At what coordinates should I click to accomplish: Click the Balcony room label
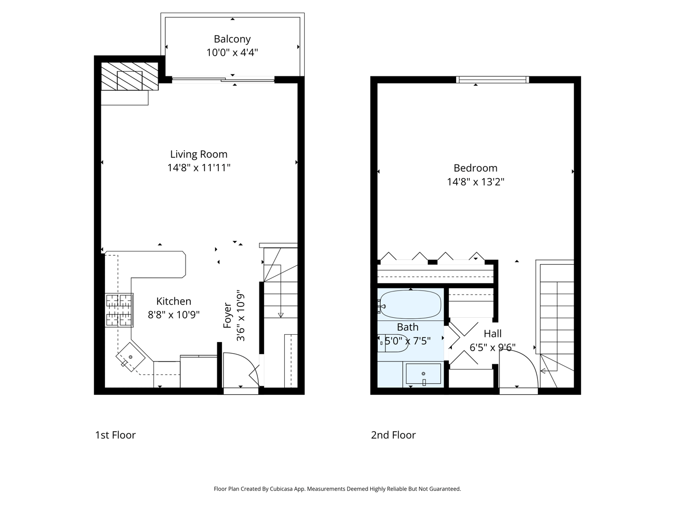(x=232, y=39)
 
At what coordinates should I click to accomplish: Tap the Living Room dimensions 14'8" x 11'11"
(x=199, y=168)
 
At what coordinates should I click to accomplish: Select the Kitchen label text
(x=173, y=301)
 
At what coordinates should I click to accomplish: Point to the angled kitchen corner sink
(x=130, y=357)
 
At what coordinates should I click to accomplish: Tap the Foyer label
(x=228, y=315)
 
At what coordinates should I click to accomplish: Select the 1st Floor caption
(x=115, y=435)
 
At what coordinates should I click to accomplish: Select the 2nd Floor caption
(x=393, y=435)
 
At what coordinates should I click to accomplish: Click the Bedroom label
(x=475, y=168)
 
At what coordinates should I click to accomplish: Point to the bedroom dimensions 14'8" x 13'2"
(x=476, y=182)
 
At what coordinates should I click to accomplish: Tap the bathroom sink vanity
(x=423, y=374)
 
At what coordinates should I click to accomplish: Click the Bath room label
(x=407, y=327)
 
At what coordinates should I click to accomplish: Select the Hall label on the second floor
(x=493, y=334)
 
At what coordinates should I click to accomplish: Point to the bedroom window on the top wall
(x=493, y=80)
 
